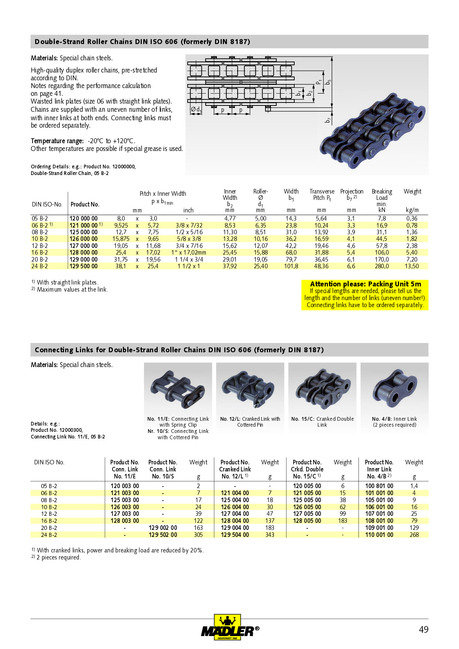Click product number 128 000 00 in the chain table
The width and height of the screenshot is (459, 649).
(x=84, y=252)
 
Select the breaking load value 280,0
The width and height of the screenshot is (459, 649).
(x=382, y=266)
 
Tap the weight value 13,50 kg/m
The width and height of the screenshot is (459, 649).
(x=412, y=266)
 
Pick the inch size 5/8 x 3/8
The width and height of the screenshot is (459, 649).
(x=189, y=239)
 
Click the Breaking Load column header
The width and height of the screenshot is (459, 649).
(x=382, y=198)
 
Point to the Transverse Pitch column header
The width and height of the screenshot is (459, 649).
(x=322, y=195)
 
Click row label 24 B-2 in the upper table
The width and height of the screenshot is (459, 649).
(x=40, y=266)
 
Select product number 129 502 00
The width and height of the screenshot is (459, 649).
(x=163, y=535)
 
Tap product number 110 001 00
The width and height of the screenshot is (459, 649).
(x=379, y=535)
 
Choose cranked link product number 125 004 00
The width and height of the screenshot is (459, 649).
(x=235, y=500)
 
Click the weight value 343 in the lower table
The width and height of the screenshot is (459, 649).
(x=270, y=535)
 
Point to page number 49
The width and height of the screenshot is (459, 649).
(x=423, y=629)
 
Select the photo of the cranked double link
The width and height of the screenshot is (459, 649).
(x=322, y=389)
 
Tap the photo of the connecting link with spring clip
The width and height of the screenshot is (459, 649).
(x=178, y=389)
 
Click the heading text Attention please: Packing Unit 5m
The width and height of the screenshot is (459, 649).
(x=365, y=284)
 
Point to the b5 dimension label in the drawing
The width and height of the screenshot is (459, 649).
(x=328, y=82)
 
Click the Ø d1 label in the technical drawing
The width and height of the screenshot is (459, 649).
(x=196, y=110)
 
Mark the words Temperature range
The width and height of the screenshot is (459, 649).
(x=57, y=141)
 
